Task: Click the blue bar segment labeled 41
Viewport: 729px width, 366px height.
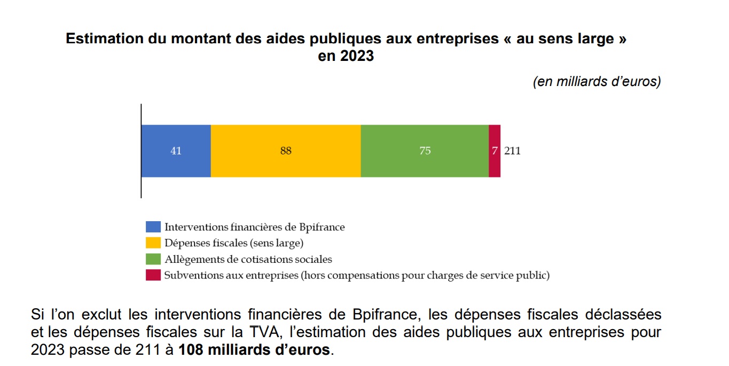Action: [176, 151]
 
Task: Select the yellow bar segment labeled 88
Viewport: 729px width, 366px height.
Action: [286, 151]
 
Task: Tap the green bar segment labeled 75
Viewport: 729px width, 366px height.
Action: [425, 151]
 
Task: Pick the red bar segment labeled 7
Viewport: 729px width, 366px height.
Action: [495, 151]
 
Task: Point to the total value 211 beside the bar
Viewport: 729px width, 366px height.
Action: [513, 151]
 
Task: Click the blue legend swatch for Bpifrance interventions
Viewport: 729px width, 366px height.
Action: [153, 227]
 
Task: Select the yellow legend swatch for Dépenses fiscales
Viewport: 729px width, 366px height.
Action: [153, 243]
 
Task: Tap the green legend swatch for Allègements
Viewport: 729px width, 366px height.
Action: [153, 259]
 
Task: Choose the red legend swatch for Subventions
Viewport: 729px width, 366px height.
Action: [153, 276]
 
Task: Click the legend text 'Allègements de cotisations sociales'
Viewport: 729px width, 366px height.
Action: [248, 259]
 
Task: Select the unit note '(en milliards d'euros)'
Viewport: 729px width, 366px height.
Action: [597, 82]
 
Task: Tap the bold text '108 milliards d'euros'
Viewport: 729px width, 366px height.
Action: [255, 351]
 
